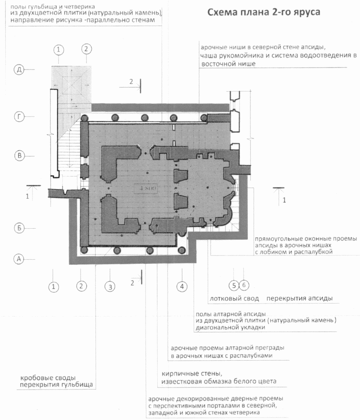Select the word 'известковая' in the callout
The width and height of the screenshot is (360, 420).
point(182,381)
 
